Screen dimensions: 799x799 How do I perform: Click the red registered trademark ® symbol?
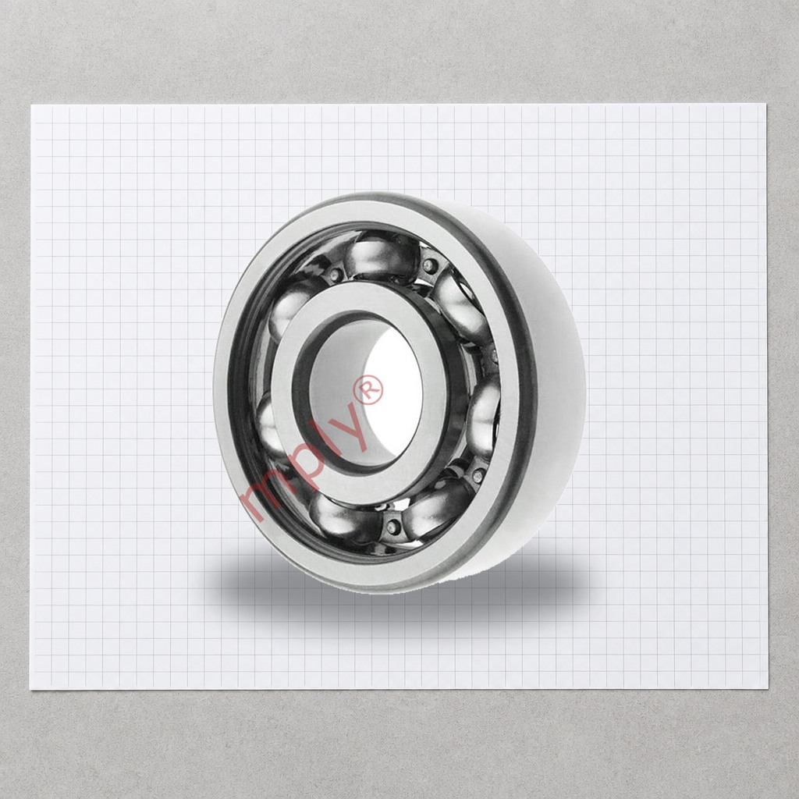(x=371, y=390)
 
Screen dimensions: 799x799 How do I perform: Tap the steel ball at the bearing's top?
(x=381, y=256)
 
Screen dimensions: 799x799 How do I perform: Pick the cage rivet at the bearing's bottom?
(x=393, y=527)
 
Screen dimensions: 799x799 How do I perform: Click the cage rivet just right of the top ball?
(x=430, y=265)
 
